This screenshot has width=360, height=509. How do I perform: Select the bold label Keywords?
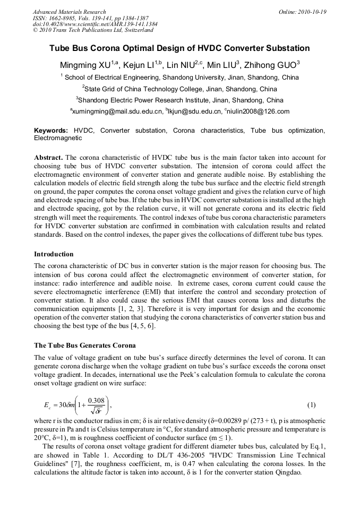tap(51, 131)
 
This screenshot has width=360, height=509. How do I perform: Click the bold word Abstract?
tap(48, 158)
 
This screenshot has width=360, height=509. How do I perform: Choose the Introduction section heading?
tap(54, 254)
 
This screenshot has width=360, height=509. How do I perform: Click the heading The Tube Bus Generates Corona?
tap(84, 346)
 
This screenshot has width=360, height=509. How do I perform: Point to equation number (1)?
tap(312, 405)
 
